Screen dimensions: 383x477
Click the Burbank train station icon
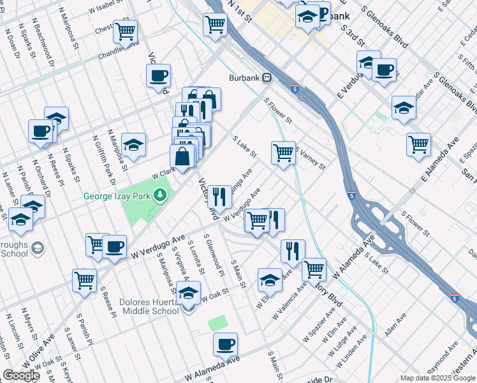[267, 79]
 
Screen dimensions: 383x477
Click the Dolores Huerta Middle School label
[148, 306]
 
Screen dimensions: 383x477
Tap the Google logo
[21, 375]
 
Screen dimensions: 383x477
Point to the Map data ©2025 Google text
[437, 378]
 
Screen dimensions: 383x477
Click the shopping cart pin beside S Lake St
[283, 153]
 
